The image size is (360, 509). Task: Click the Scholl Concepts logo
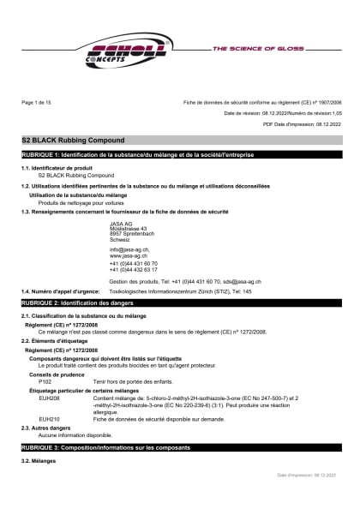pos(129,53)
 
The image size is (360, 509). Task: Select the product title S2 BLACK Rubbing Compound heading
pos(73,139)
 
